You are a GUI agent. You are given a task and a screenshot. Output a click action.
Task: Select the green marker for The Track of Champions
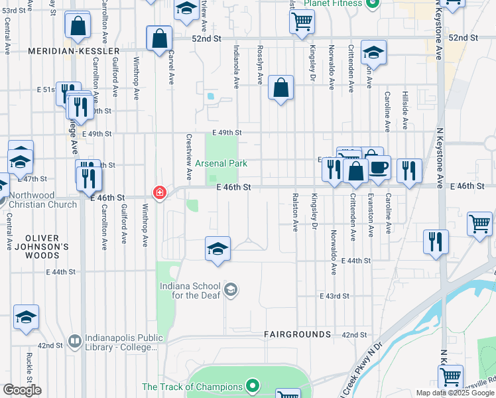coord(252,385)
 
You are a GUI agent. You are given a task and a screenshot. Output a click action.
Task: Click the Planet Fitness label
coord(333,3)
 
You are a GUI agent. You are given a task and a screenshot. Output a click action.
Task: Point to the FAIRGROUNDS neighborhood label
coord(297,334)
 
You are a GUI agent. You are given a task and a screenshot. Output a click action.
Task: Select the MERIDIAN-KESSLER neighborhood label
coord(74,51)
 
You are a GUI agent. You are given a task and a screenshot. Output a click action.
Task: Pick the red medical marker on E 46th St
coord(159,193)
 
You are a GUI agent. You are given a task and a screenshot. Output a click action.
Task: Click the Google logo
coord(21,390)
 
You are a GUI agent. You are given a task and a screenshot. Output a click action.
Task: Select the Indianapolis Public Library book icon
coord(76,342)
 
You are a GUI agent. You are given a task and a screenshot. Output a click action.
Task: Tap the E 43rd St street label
coord(334,296)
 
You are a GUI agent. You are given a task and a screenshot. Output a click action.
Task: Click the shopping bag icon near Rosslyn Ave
coord(281,88)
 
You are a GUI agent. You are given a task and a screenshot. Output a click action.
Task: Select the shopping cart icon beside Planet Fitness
coord(302,22)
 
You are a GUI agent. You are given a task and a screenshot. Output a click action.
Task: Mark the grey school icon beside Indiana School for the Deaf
coord(231,289)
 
